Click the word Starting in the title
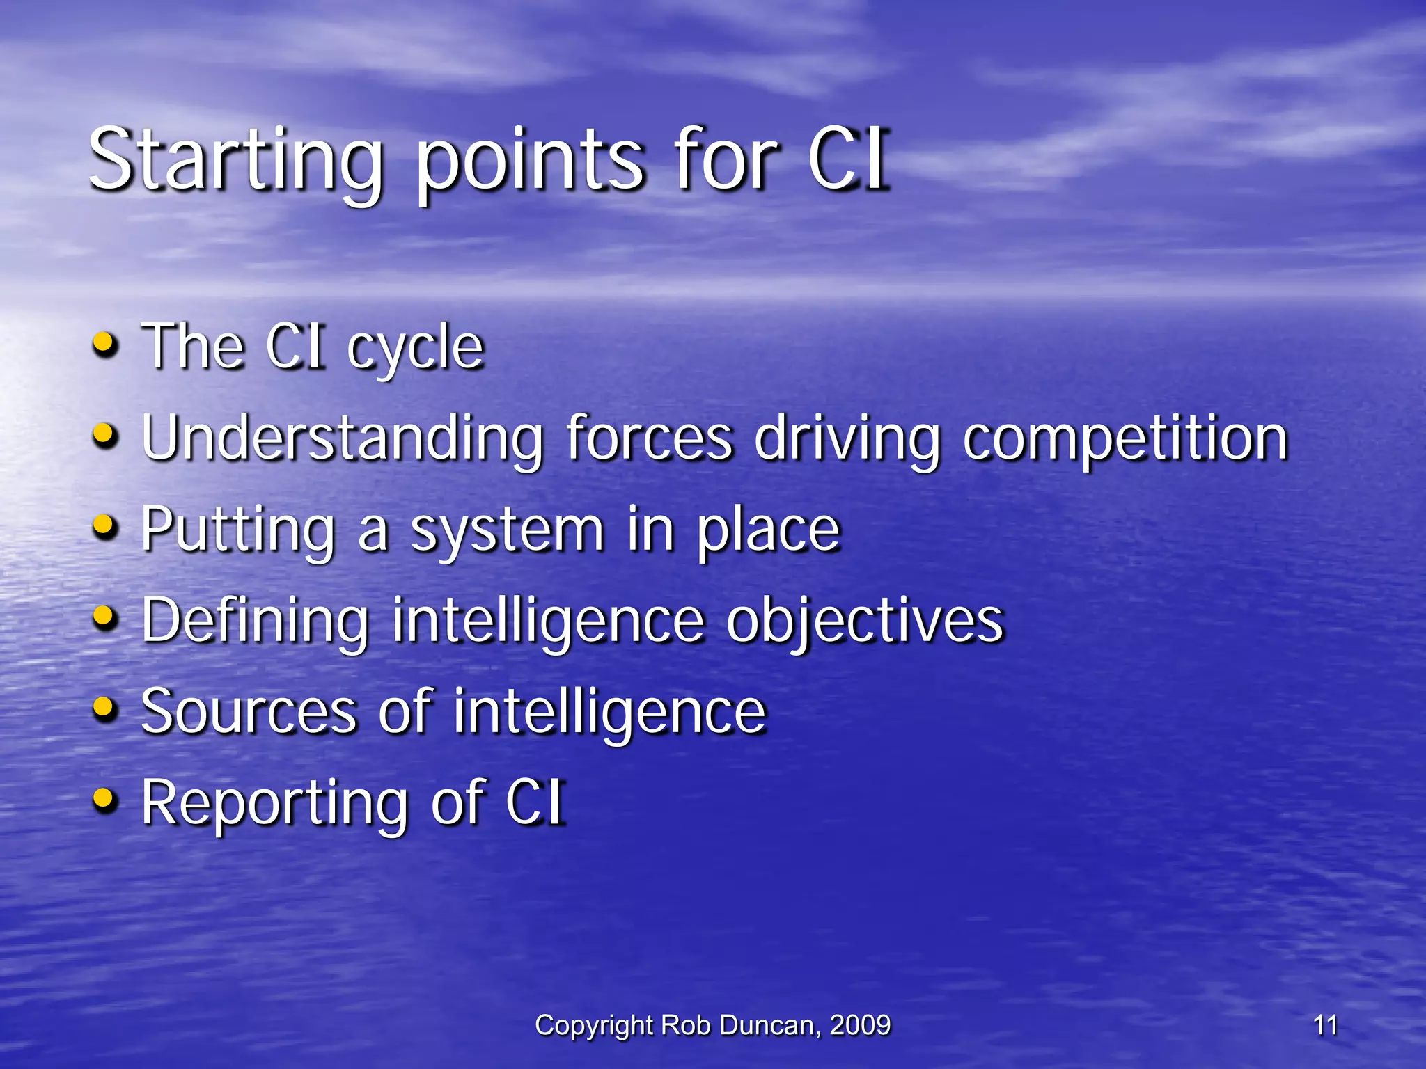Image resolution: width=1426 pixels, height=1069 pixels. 235,161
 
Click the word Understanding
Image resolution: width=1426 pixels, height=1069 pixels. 342,438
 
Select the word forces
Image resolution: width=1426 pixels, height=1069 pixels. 649,438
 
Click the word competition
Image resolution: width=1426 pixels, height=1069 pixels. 1125,438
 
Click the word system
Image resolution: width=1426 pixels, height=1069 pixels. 507,530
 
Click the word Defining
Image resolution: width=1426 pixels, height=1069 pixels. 255,621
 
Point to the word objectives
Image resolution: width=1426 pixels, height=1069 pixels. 865,621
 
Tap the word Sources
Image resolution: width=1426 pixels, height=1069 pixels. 249,711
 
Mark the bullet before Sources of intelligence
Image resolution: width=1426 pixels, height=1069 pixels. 104,708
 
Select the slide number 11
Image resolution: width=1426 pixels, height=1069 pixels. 1325,1025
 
